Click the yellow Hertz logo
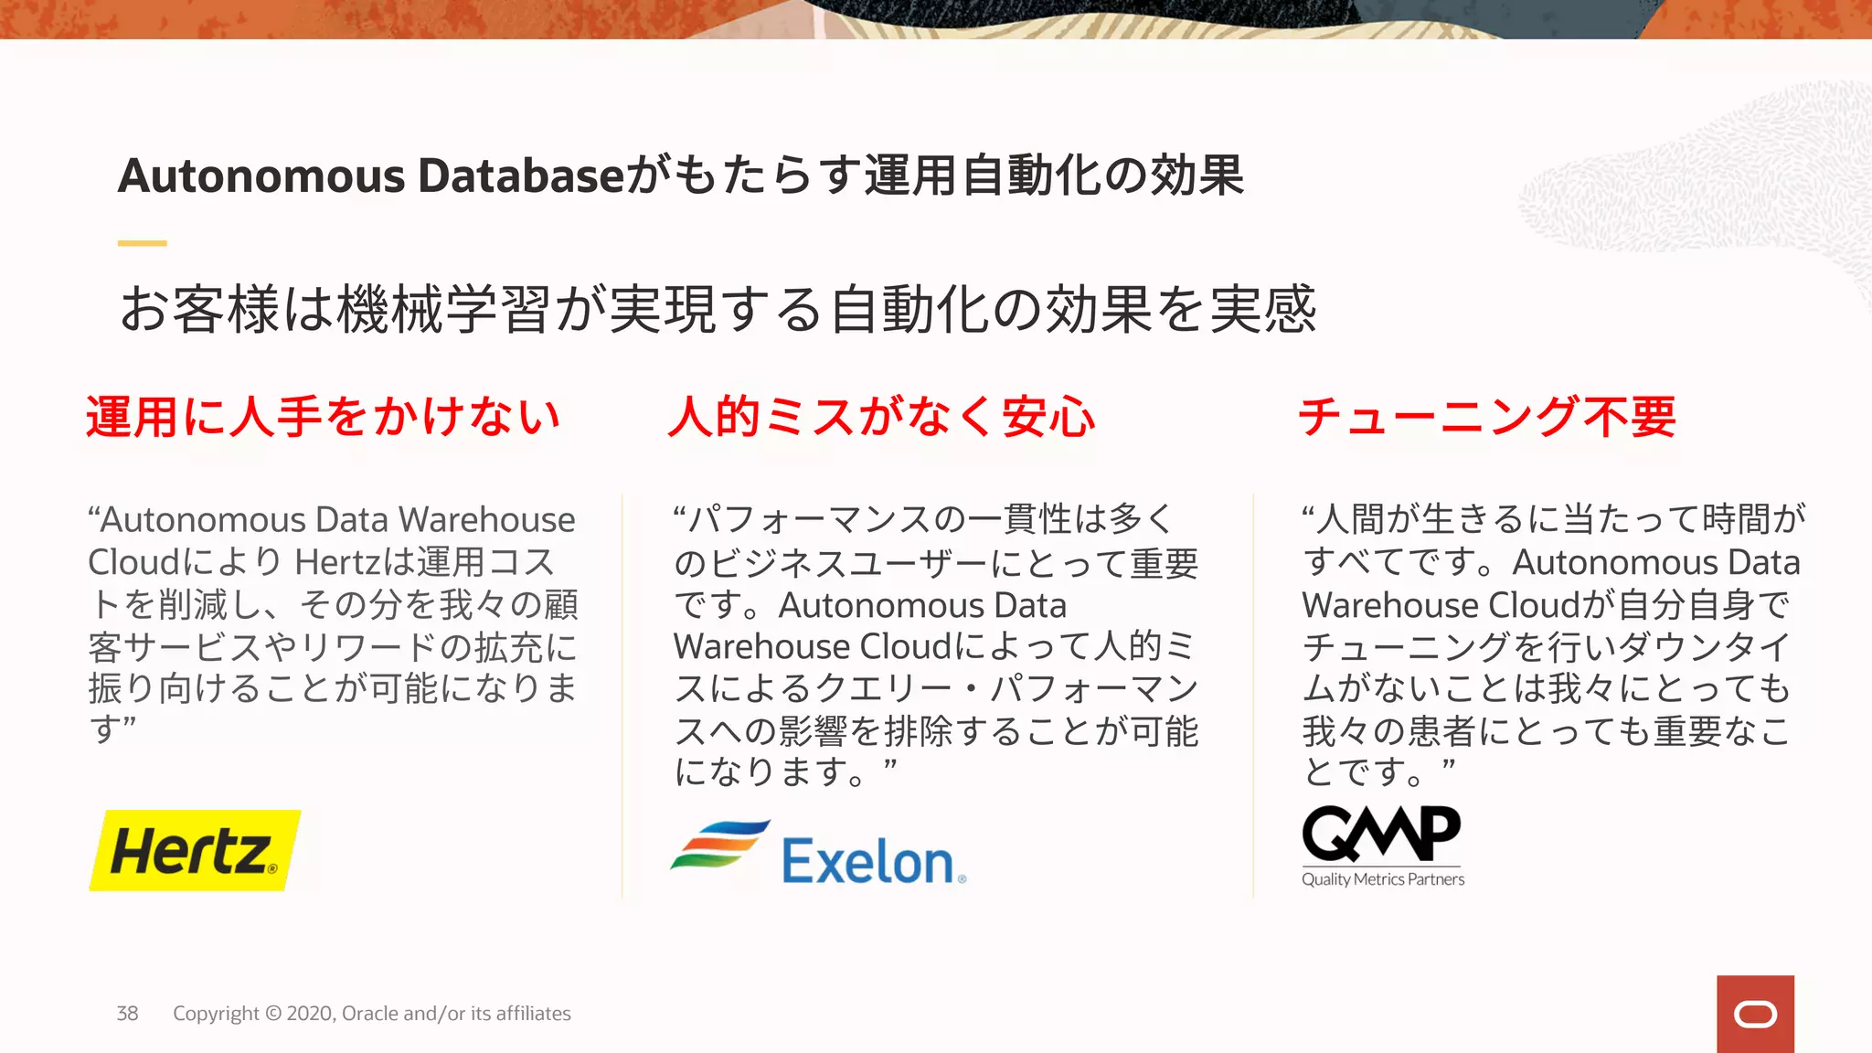(195, 850)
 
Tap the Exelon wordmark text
(867, 862)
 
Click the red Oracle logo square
(1755, 1014)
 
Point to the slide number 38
(127, 1013)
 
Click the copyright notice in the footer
(372, 1013)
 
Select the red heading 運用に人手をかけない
(323, 417)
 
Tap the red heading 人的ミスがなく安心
(881, 417)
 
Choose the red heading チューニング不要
(1487, 417)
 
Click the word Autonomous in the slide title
(261, 175)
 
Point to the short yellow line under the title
(142, 243)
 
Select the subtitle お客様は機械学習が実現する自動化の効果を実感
(718, 309)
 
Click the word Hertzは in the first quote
(355, 561)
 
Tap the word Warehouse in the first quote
(486, 519)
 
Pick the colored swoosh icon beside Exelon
(719, 845)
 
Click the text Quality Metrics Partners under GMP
(1383, 879)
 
